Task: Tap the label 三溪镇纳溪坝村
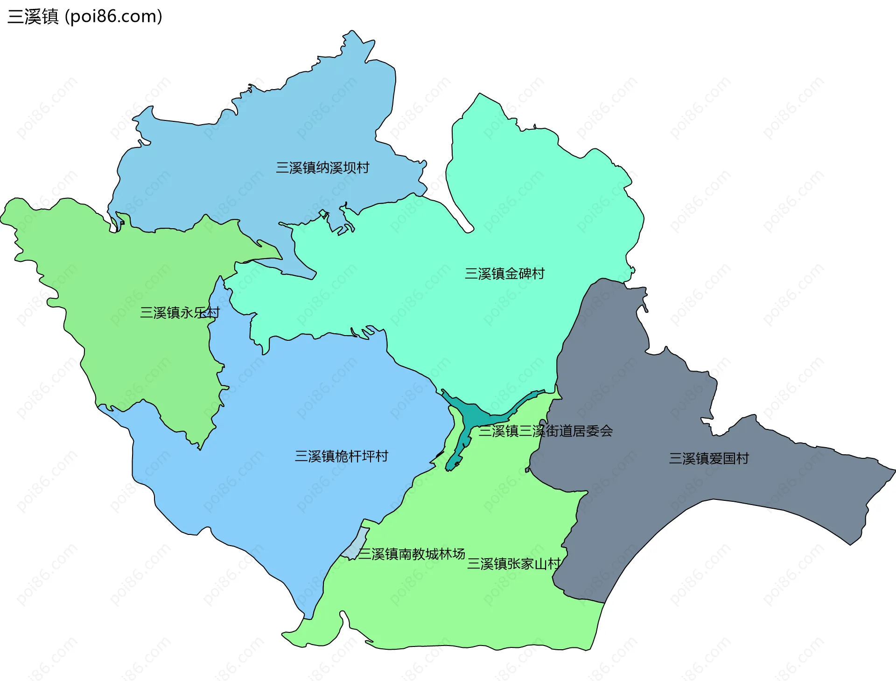322,168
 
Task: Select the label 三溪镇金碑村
504,274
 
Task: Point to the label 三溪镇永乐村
180,312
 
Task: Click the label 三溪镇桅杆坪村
341,456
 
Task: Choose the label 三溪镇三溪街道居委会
546,431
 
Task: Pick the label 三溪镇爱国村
709,458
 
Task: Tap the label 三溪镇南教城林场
412,554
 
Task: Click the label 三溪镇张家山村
514,564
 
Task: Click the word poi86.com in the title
113,16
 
